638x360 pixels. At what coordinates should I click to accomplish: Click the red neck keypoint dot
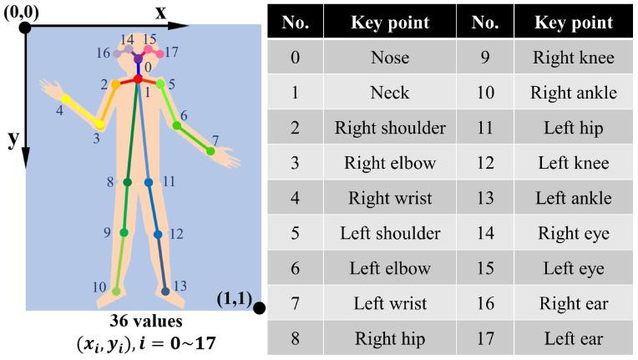(x=138, y=79)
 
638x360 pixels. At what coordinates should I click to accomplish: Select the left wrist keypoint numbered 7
(x=210, y=152)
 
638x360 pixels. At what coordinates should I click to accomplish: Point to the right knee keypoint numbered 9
(x=124, y=233)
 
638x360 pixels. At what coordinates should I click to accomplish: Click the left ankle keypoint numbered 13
(x=165, y=291)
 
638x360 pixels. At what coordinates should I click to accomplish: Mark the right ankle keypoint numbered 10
(x=116, y=291)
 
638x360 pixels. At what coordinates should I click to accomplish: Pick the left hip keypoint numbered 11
(x=148, y=181)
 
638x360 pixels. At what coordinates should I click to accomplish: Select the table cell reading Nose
(x=389, y=58)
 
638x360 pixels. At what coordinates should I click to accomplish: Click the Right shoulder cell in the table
(x=389, y=128)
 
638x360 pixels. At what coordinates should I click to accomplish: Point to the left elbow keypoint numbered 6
(x=177, y=126)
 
